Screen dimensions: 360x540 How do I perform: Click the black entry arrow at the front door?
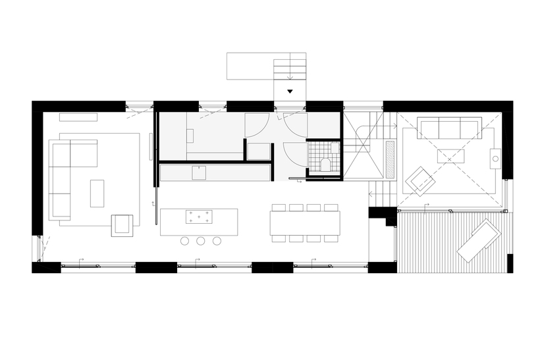tap(290, 93)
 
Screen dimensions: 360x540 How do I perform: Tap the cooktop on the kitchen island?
tap(200, 216)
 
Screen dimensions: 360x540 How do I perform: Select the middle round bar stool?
tap(201, 241)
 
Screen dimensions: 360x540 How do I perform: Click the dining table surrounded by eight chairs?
tap(304, 222)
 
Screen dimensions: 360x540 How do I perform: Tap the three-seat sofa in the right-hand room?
tap(450, 128)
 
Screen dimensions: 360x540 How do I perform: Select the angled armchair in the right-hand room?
tap(419, 180)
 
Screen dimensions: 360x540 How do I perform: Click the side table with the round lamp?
tap(495, 159)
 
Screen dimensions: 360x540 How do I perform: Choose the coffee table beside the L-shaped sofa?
tap(97, 193)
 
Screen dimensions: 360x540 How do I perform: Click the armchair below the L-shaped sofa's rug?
tap(122, 224)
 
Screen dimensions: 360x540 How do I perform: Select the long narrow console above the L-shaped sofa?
tap(78, 117)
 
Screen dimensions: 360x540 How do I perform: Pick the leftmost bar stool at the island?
tap(185, 241)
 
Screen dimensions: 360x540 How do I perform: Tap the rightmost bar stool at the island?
tap(217, 241)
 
